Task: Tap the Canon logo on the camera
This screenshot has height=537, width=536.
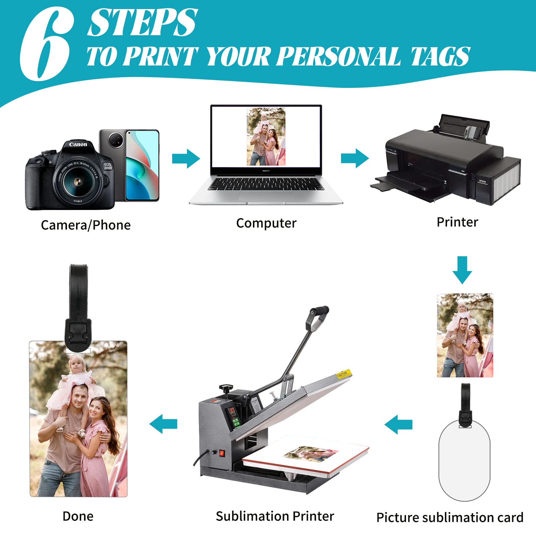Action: tap(78, 144)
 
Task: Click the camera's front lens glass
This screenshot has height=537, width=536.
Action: tap(78, 181)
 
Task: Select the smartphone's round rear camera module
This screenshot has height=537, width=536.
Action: tap(116, 140)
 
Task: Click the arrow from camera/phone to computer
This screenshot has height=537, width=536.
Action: tap(186, 158)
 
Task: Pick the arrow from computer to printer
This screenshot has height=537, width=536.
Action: tap(355, 158)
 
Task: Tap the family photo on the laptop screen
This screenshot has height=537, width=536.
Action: tap(266, 137)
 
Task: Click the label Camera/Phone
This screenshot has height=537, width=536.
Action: tap(86, 225)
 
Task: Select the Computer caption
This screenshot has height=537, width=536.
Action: tap(266, 223)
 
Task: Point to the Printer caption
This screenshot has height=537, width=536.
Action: tap(457, 222)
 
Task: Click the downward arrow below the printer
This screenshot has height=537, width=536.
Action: tap(462, 270)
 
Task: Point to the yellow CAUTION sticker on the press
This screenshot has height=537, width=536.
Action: tap(343, 374)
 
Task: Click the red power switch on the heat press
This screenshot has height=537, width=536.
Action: tap(221, 453)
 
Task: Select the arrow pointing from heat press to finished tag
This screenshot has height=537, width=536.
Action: tap(163, 424)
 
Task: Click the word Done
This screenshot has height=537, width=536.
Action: tap(78, 516)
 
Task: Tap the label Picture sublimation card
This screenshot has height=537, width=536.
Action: tap(450, 518)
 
